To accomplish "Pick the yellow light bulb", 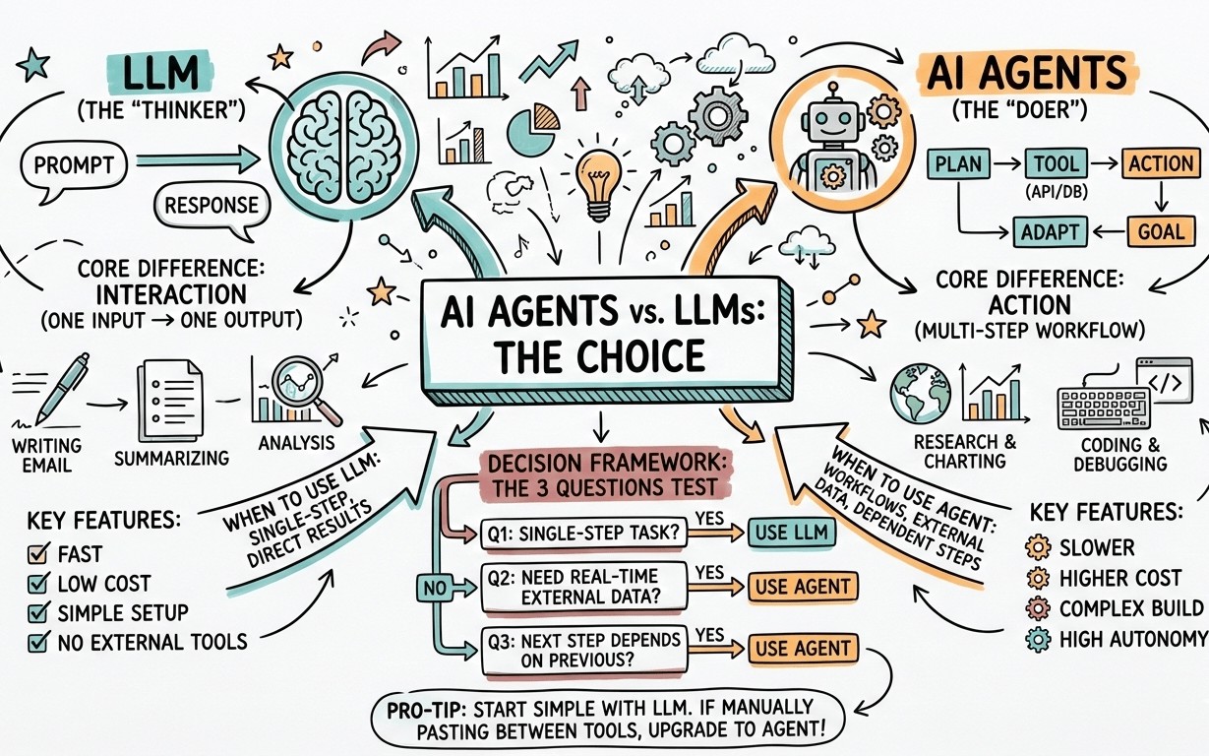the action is pos(598,182).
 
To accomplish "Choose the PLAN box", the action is pos(958,163).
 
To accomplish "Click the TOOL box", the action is pos(1056,163).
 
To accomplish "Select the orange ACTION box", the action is pos(1161,163).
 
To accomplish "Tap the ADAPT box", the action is pos(1050,232).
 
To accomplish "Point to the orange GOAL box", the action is pos(1161,232).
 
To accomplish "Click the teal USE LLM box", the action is pos(791,533).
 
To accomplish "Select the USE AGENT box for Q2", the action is pos(803,587).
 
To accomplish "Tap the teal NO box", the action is pos(434,588).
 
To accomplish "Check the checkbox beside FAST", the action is pos(38,553).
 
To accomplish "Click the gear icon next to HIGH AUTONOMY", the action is pos(1038,640).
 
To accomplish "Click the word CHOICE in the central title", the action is pos(641,356).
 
